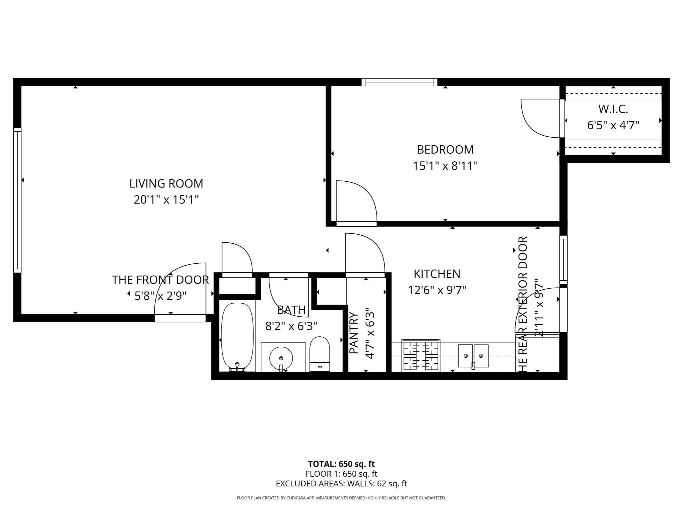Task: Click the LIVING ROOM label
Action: point(166,184)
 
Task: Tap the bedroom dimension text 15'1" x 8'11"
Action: point(445,166)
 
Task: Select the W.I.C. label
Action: point(613,109)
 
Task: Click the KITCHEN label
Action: point(437,274)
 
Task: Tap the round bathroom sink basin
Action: point(281,358)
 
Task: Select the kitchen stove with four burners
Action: point(421,356)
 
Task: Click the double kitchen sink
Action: point(473,356)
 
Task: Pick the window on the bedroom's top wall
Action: point(399,82)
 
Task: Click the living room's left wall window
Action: point(17,200)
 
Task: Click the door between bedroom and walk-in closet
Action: point(540,118)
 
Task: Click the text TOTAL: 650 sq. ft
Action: point(341,464)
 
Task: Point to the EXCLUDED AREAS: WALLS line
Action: point(341,484)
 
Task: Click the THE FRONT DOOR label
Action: point(160,280)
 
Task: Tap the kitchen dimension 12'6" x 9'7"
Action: point(437,290)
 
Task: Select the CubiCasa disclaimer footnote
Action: point(341,498)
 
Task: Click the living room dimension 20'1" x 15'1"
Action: point(166,200)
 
